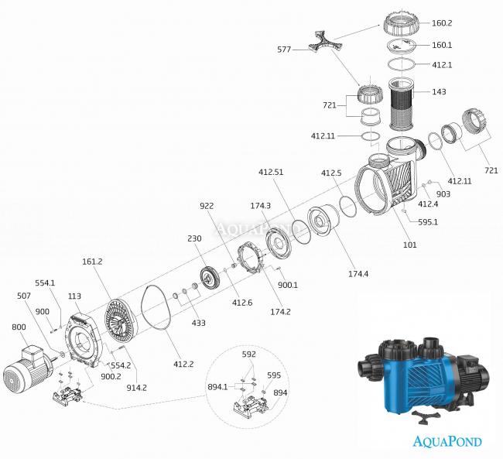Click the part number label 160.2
point(464,24)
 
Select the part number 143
point(440,92)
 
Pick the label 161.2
point(92,263)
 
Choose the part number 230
point(195,239)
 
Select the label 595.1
point(430,221)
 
